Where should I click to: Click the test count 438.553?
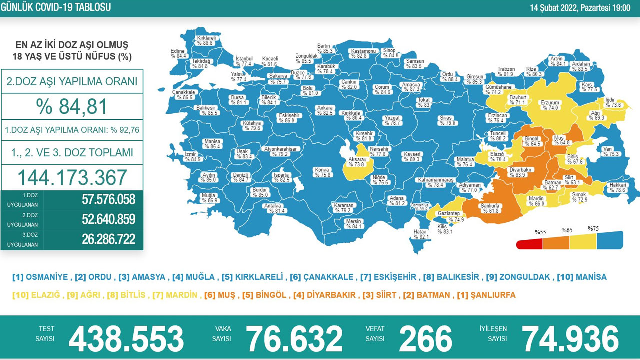(x=126, y=339)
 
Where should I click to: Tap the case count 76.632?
(x=294, y=339)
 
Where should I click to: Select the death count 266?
(x=425, y=339)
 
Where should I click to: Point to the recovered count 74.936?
(x=570, y=339)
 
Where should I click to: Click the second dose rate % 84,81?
(x=72, y=107)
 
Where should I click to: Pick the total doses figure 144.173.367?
(x=72, y=177)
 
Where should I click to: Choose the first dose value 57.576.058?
(x=108, y=200)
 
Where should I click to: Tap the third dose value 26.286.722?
(x=108, y=239)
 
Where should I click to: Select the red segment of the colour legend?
(x=529, y=243)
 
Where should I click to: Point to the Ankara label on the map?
(x=325, y=107)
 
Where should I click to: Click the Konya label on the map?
(x=322, y=170)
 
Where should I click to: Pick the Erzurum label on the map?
(x=550, y=103)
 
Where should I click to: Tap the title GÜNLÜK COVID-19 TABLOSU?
(x=56, y=7)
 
